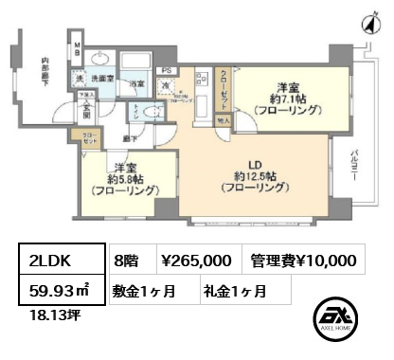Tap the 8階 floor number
point(125,260)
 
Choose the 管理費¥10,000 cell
point(304,260)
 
